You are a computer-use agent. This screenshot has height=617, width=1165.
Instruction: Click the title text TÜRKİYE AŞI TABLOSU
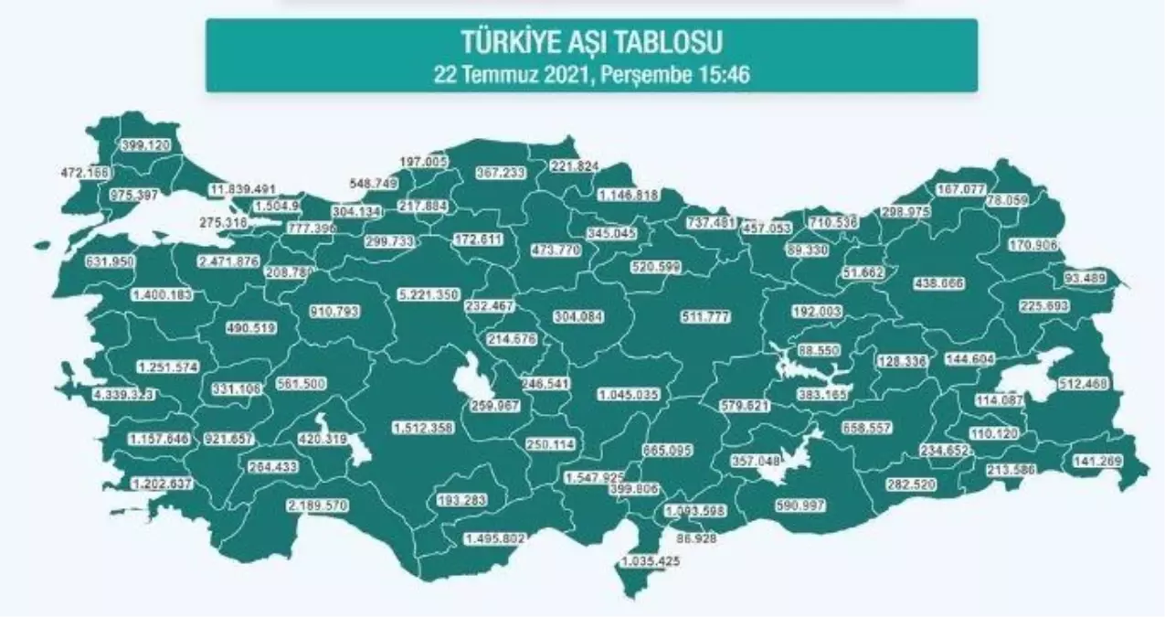point(591,42)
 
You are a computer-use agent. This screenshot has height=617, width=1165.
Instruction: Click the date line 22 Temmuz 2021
point(591,74)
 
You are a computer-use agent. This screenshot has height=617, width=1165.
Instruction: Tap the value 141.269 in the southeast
point(1099,462)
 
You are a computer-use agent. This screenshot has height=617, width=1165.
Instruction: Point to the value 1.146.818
point(629,195)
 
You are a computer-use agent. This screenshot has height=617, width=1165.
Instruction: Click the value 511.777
point(710,316)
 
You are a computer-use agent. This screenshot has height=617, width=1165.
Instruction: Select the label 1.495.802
point(494,538)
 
